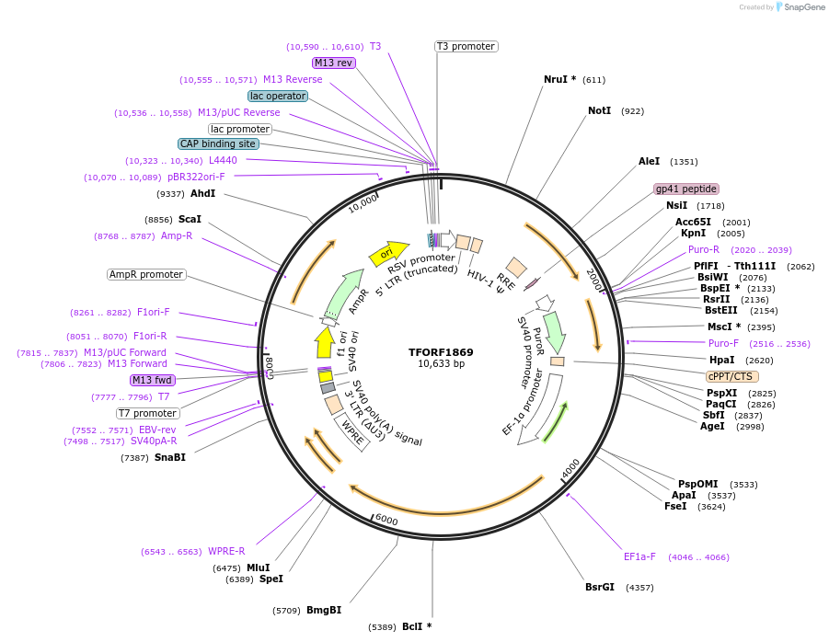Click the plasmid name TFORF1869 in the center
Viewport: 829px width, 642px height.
[x=441, y=351]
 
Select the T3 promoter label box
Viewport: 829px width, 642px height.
[x=466, y=46]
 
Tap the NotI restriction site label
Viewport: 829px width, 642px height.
[x=599, y=110]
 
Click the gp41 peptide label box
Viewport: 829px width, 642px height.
[x=685, y=189]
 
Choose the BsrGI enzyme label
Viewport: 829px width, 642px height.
[x=600, y=587]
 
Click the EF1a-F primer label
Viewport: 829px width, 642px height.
[x=639, y=556]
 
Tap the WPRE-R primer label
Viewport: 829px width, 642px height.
[x=226, y=551]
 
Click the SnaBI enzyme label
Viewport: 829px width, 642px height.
[x=169, y=457]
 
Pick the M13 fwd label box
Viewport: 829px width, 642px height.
[x=152, y=380]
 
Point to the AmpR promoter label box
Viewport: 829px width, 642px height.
[x=146, y=274]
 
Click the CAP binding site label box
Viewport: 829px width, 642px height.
[x=218, y=143]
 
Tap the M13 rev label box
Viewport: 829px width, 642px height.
[x=333, y=63]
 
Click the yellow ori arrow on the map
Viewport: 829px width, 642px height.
[x=387, y=253]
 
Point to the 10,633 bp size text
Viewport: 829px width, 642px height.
[x=441, y=364]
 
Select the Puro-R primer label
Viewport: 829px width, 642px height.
[x=704, y=249]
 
